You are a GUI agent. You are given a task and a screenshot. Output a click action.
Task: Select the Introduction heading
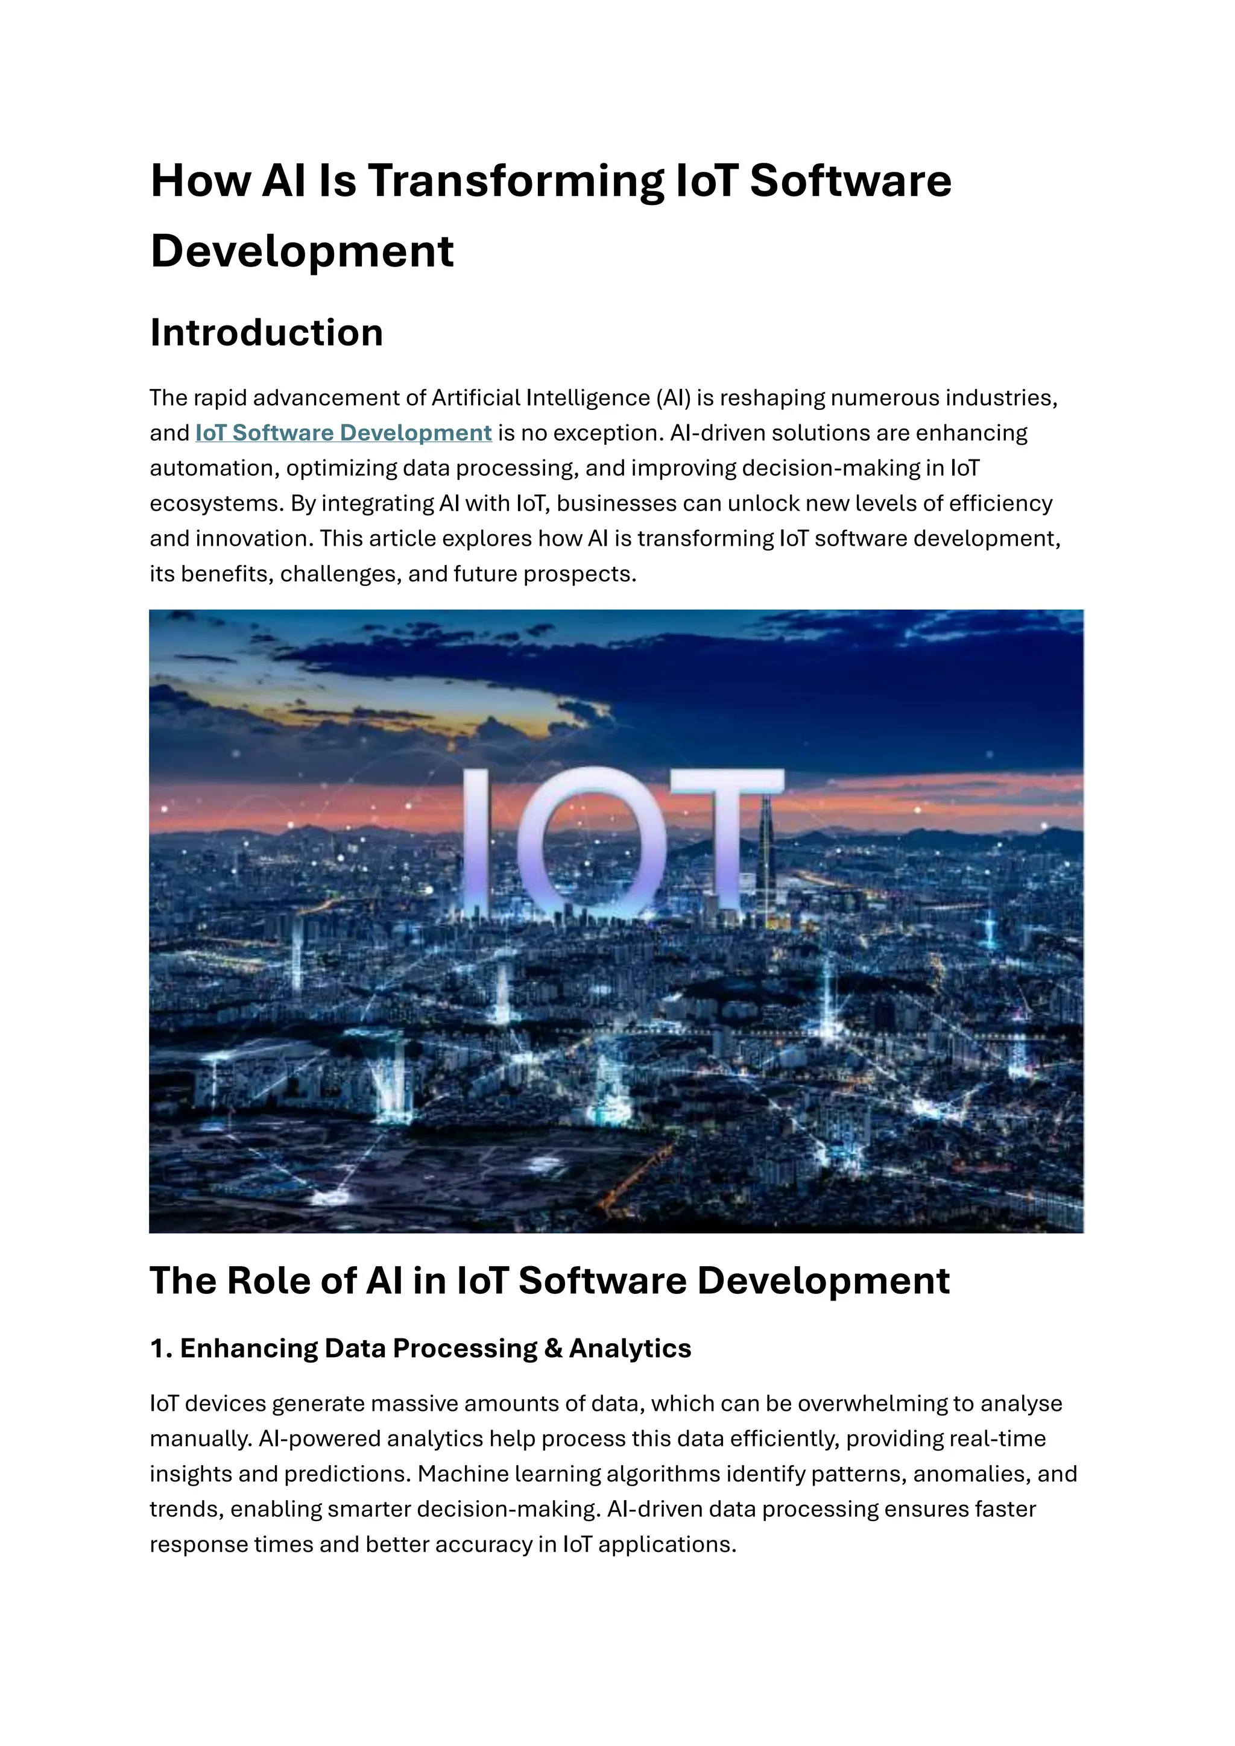(x=266, y=332)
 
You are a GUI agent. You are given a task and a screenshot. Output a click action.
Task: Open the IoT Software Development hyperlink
(x=343, y=433)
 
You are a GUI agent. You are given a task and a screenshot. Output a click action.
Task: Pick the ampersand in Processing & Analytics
(x=553, y=1348)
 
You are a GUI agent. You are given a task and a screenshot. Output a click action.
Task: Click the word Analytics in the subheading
(x=630, y=1348)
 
